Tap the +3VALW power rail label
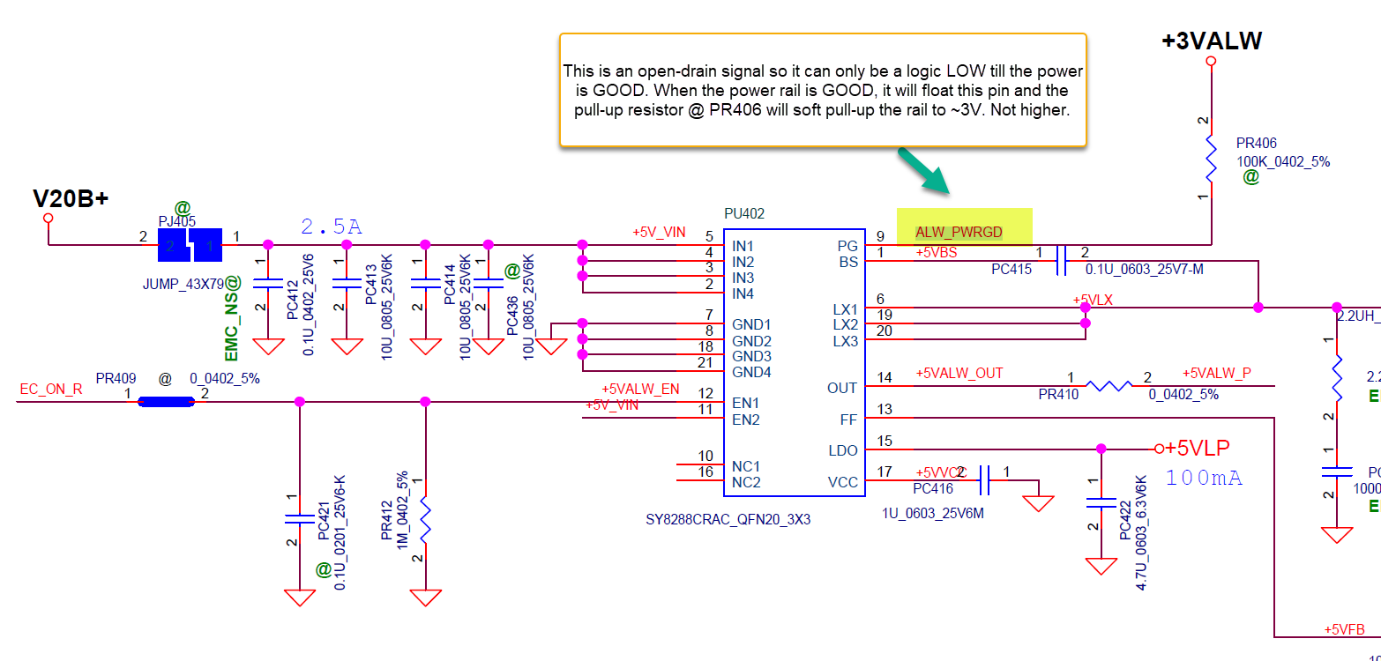pos(1211,41)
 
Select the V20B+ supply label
pos(71,198)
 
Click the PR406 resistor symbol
pos(1212,159)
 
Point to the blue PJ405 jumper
pos(190,246)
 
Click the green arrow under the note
pos(923,170)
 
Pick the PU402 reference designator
pos(744,213)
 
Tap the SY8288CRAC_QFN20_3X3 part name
pos(728,520)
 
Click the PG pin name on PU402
pos(847,246)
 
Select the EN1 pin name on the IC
pos(746,403)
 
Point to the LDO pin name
pos(843,450)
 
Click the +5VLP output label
pos(1197,448)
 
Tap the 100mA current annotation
pos(1204,478)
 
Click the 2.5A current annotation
pos(331,227)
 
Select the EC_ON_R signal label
pos(50,388)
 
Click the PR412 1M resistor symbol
pos(425,520)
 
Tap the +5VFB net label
pos(1344,629)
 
